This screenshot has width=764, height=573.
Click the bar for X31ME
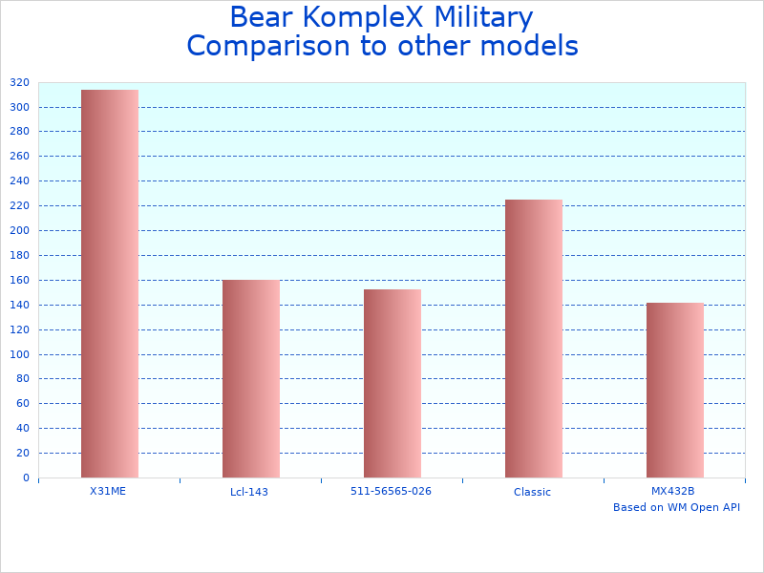pos(110,284)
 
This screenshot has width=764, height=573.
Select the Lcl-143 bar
pos(251,378)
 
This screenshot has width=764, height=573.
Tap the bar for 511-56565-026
pos(393,383)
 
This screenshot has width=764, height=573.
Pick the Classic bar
pos(534,338)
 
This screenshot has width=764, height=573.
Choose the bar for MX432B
pos(675,390)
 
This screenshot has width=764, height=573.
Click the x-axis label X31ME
pos(108,491)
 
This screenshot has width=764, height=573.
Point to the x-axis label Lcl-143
pos(249,493)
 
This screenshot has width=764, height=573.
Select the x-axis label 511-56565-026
pos(391,491)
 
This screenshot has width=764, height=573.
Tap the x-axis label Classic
pos(532,493)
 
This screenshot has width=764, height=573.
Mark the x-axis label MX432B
pos(673,491)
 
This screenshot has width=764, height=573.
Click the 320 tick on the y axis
pos(20,83)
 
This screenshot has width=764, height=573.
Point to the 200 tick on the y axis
pos(20,231)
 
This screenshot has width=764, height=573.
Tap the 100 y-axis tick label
pos(20,354)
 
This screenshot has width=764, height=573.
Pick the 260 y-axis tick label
pos(20,157)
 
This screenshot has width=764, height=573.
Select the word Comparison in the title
pos(256,46)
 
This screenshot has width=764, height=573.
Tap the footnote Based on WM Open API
pos(676,508)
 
